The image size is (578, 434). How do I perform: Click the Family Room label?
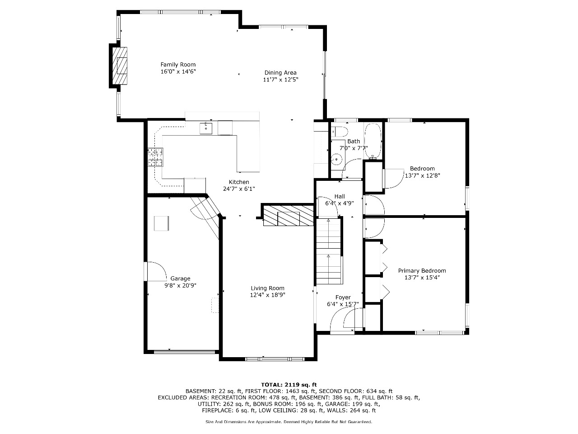pos(178,65)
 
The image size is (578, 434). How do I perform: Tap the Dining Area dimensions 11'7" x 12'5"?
pos(280,80)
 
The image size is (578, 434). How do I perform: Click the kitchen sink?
pos(206,128)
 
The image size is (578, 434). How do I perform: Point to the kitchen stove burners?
pos(155,157)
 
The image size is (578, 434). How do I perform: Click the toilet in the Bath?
pos(340,132)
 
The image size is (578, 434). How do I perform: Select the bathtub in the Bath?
pos(373,141)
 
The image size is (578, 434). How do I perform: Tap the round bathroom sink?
pos(336,159)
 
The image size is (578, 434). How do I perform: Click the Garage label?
pos(180,278)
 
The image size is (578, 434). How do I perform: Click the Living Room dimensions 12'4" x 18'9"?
pos(267,295)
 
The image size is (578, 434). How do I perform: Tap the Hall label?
pos(340,196)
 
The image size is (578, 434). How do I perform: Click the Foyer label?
pos(343,297)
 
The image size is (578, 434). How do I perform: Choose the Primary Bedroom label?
pos(422,271)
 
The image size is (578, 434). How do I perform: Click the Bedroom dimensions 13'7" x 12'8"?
pos(422,175)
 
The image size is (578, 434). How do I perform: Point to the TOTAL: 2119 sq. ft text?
pos(289,385)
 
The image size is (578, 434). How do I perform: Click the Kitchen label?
pos(239,182)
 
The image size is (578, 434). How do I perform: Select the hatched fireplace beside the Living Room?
pos(289,216)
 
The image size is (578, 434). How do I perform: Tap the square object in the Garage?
pos(161,223)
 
